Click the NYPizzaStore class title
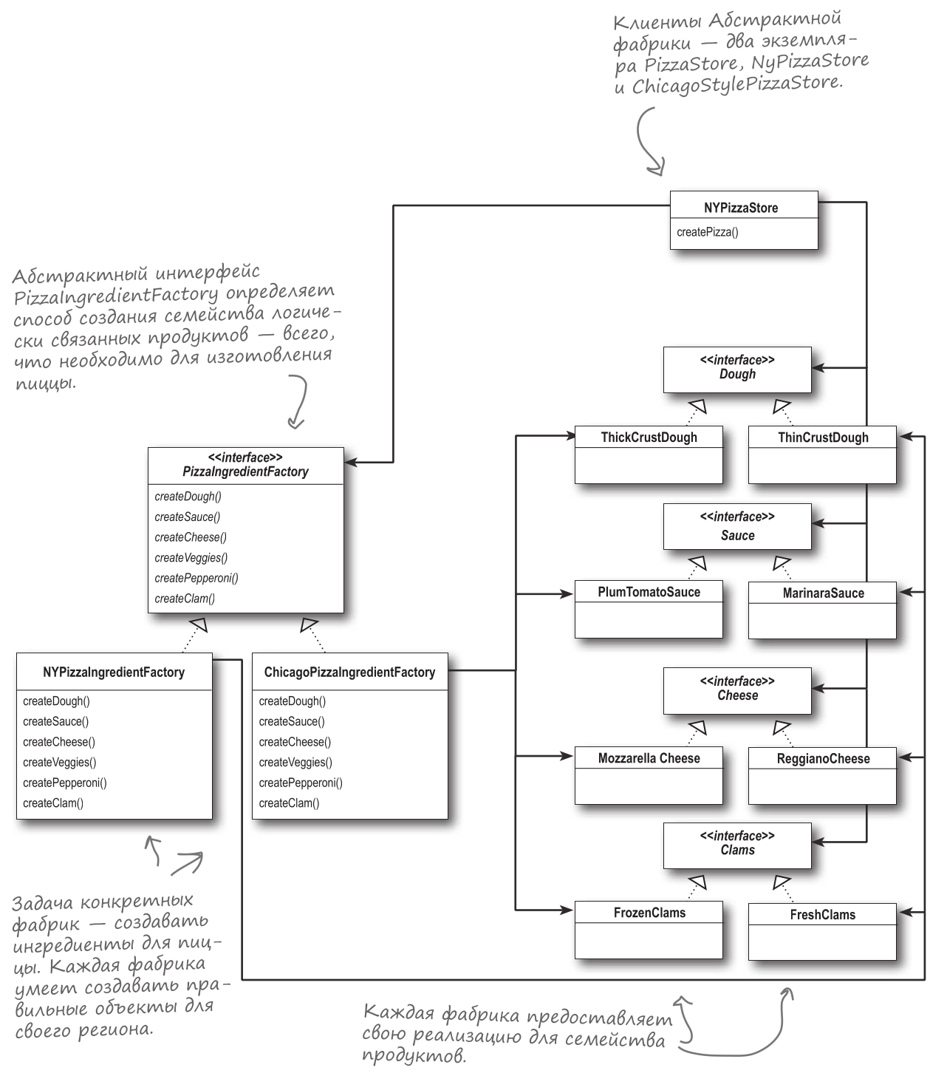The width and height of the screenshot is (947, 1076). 741,208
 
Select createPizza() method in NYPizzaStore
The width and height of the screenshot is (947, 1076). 707,232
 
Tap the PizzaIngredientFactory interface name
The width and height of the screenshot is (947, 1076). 245,471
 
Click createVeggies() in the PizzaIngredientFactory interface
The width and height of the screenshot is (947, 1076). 191,558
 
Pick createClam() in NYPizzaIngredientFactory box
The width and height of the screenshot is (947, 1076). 53,803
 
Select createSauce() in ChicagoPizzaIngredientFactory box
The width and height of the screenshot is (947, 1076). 292,721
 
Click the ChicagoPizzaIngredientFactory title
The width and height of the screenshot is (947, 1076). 349,672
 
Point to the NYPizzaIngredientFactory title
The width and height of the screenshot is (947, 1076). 114,672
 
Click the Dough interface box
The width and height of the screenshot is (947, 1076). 737,369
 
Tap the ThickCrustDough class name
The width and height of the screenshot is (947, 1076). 649,437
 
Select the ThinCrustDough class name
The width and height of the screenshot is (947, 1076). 823,438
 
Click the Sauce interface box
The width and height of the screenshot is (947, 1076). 737,527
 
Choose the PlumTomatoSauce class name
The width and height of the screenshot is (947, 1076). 649,593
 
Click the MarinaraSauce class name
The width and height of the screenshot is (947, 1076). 823,593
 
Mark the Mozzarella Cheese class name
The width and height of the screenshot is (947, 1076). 649,758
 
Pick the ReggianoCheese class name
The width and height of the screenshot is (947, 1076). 823,759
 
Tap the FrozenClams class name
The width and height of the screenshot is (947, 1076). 649,913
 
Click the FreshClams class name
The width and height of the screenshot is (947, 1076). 823,915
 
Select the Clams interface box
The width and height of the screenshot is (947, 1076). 737,845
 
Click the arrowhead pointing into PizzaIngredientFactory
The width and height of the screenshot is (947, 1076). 351,463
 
